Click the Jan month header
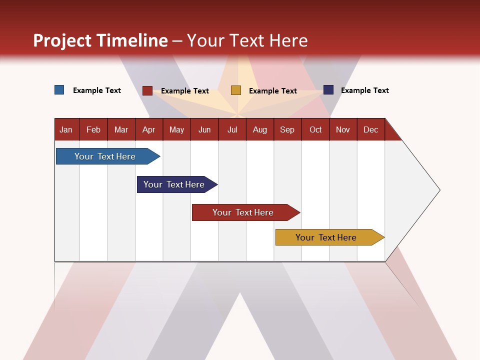click(66, 129)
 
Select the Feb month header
click(93, 129)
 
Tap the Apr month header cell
click(149, 129)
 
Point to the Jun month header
click(204, 129)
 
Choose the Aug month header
click(260, 129)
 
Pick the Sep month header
click(287, 129)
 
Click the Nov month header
click(343, 129)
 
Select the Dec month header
click(371, 129)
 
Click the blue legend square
click(59, 90)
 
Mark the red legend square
click(147, 90)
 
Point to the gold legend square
click(236, 90)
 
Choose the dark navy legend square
click(328, 90)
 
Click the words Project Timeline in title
click(100, 40)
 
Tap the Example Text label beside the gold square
click(273, 91)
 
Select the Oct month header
click(315, 129)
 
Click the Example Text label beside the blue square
click(97, 90)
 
